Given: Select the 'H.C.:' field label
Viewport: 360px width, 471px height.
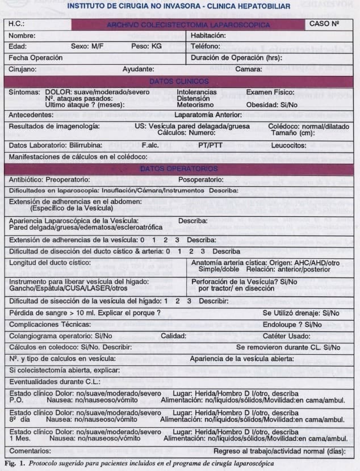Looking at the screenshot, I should pos(18,25).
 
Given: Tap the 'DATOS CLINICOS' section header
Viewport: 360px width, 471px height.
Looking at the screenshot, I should pos(179,81).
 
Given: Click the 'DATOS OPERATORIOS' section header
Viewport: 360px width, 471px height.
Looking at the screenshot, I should pos(179,169).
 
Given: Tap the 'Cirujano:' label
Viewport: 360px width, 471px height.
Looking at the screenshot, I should pos(23,69).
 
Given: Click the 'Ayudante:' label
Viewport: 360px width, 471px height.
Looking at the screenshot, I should pos(138,69).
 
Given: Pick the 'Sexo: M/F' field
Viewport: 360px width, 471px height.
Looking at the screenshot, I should pos(90,46).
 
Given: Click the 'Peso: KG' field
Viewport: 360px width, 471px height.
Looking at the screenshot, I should pos(146,46).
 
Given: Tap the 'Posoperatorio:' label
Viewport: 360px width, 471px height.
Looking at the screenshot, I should pos(203,179).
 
